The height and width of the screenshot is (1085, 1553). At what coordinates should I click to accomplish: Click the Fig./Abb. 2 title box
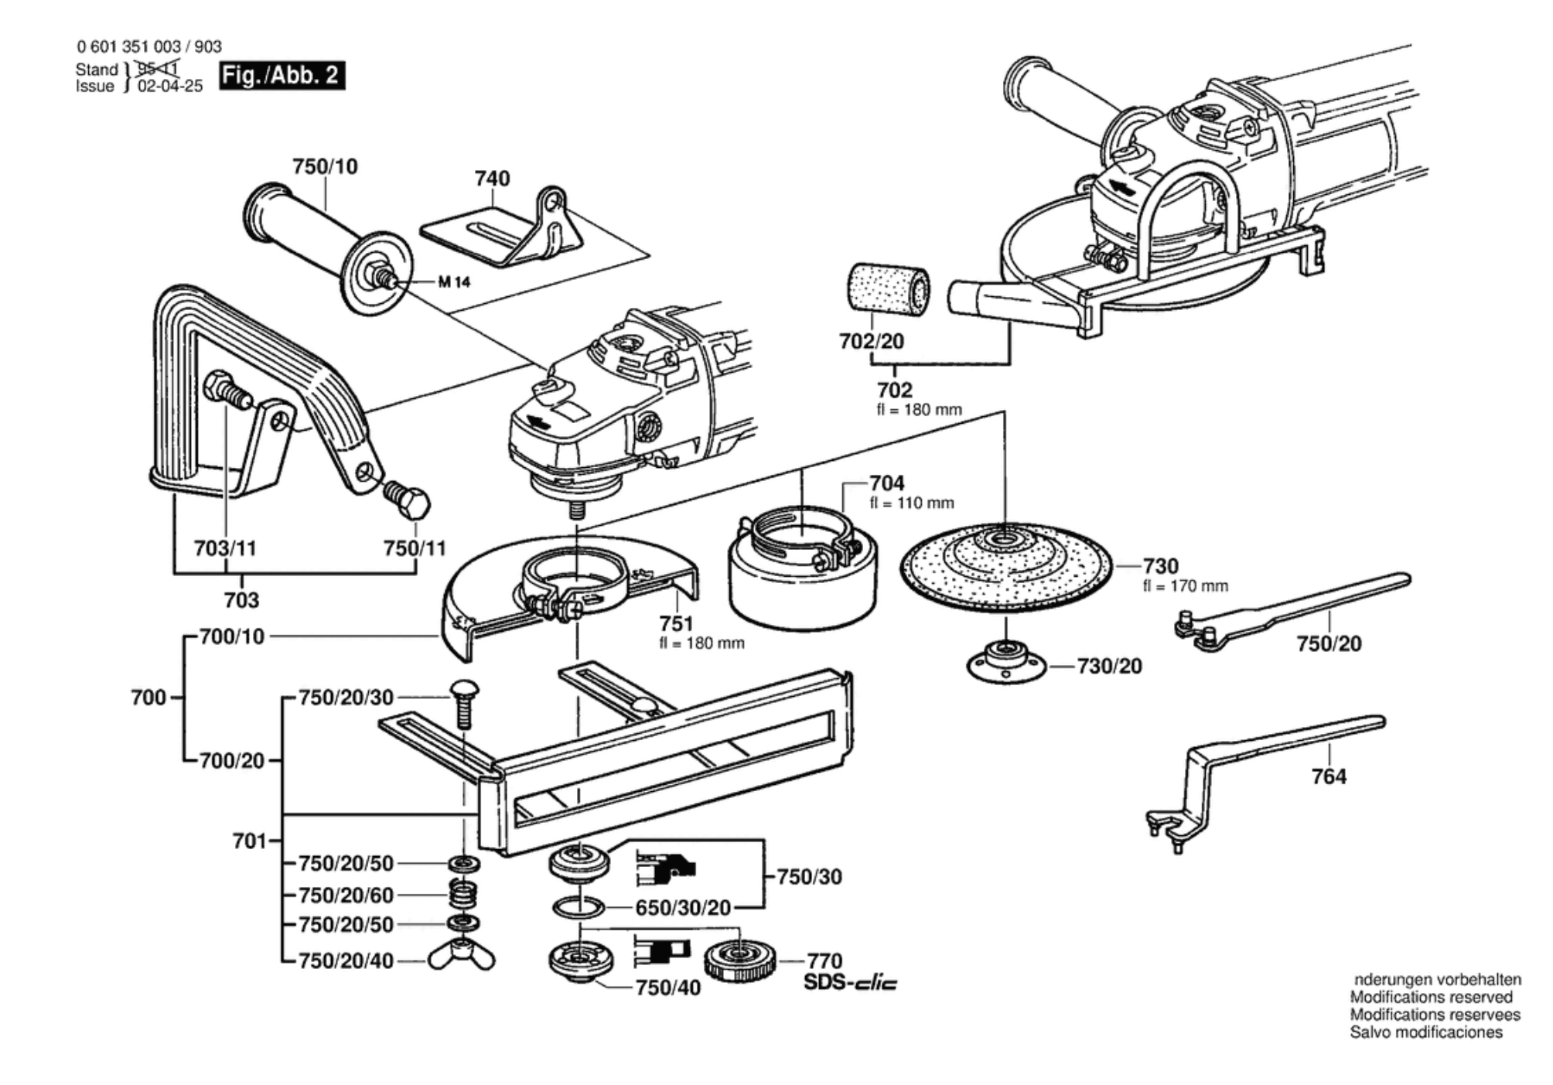click(282, 75)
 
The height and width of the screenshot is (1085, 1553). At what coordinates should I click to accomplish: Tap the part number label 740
click(492, 179)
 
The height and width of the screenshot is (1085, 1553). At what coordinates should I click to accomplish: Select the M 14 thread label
click(454, 281)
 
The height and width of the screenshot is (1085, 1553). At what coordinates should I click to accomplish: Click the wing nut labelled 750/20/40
click(462, 955)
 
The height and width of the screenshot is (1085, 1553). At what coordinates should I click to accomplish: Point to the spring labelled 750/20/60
click(463, 896)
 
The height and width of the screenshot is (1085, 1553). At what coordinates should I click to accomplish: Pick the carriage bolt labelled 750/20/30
click(464, 702)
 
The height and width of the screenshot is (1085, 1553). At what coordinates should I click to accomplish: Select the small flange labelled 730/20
click(1006, 663)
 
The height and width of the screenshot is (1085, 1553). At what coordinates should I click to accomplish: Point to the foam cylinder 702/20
click(889, 288)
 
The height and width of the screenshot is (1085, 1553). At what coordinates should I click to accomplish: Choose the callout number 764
click(1329, 776)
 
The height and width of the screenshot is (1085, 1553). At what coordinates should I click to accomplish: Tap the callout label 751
click(676, 623)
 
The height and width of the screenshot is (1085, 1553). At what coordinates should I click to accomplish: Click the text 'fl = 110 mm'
click(912, 503)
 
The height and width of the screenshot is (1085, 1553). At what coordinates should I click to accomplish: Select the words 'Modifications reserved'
click(1431, 997)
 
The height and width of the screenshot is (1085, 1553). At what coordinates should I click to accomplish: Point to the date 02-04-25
click(170, 86)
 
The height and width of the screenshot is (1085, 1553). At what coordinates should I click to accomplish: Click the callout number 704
click(886, 483)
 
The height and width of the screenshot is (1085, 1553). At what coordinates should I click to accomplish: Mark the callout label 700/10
click(232, 636)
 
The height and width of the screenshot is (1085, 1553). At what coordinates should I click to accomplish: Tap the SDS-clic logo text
click(851, 984)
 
